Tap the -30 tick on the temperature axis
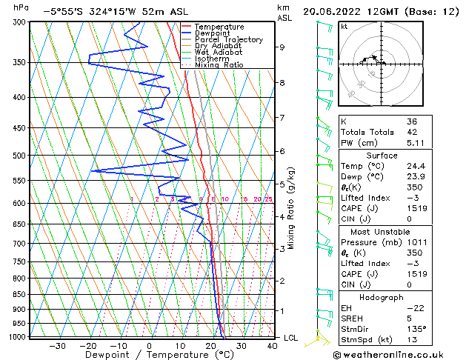[x=57, y=345]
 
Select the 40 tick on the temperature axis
[x=273, y=345]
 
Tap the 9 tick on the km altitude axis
[x=282, y=47]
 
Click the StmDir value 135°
[x=415, y=329]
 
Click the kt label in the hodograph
[x=344, y=27]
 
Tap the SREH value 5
[x=410, y=318]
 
